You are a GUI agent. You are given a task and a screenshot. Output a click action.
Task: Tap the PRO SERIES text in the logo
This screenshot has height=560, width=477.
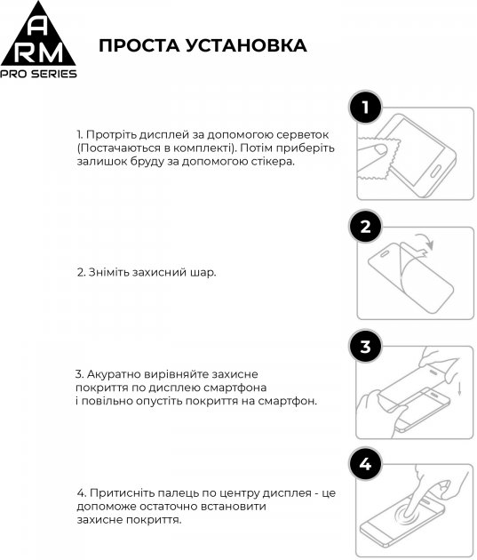[x=38, y=74]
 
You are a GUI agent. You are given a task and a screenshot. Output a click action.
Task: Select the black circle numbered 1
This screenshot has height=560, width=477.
[x=365, y=109]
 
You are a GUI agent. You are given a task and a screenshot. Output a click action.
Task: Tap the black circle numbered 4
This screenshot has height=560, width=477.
[x=365, y=463]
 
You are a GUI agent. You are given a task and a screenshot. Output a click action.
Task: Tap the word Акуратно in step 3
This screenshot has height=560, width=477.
[x=116, y=374]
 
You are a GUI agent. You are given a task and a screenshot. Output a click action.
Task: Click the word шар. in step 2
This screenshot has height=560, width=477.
[x=203, y=272]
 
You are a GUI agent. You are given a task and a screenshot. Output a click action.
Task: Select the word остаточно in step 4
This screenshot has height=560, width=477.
[x=160, y=506]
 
